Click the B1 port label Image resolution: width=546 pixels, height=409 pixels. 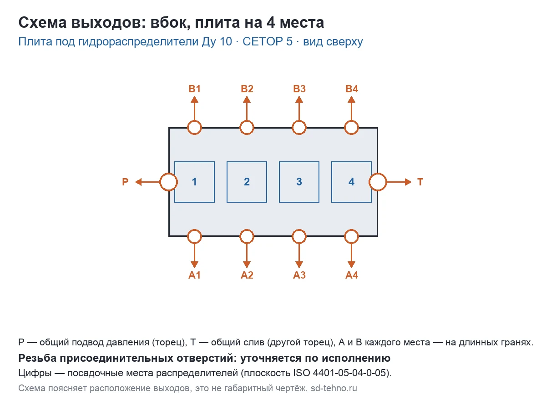194,89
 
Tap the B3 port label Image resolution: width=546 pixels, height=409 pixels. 299,89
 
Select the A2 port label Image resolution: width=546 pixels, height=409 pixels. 247,275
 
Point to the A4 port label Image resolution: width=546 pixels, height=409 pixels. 351,275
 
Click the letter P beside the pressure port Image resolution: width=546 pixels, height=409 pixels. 125,182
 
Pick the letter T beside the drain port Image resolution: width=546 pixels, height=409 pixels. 420,182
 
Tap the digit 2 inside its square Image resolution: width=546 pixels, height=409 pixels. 247,182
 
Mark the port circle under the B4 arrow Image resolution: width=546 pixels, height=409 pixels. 351,121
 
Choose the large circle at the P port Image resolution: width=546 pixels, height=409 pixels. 160,182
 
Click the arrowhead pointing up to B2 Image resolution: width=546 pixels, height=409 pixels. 247,100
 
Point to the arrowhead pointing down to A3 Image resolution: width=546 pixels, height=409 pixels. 299,264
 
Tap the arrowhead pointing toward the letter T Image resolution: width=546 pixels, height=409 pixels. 408,182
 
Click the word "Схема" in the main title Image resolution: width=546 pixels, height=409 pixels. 42,22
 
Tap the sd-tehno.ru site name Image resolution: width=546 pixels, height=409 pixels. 334,388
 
